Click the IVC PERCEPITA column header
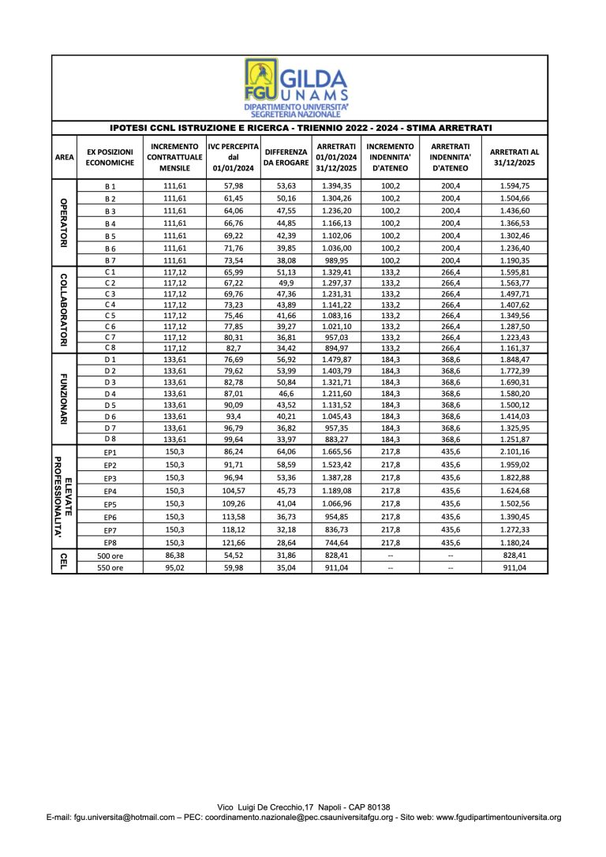(233, 157)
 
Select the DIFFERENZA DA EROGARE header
(286, 157)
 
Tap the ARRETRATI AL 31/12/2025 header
(514, 157)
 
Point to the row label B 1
(110, 185)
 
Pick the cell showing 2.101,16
(514, 452)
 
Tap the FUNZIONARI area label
(64, 399)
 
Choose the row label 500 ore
(110, 556)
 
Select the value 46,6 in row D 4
(286, 393)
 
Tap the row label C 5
(110, 315)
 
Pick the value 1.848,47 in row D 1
(514, 360)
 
